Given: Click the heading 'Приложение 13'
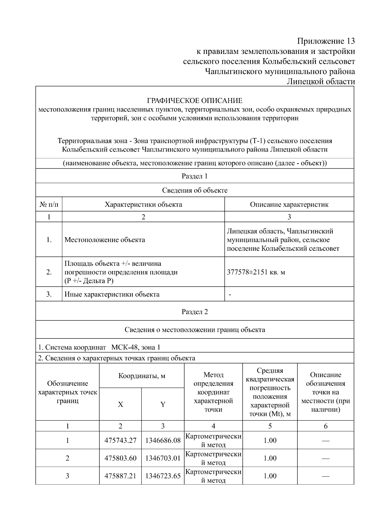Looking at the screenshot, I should click(x=325, y=41).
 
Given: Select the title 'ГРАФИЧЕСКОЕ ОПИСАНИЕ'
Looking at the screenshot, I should click(x=195, y=101).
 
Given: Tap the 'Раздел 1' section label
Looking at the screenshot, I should click(x=195, y=176).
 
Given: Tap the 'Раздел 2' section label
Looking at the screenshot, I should click(x=195, y=312).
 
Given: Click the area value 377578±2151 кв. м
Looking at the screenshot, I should click(x=256, y=272).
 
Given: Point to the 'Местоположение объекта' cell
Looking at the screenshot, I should click(x=104, y=240).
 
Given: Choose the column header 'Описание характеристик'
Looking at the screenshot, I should click(x=289, y=204).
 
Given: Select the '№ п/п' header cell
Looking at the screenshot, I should click(x=49, y=204).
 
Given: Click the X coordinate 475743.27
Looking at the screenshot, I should click(x=120, y=440).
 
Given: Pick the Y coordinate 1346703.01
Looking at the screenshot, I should click(x=163, y=458).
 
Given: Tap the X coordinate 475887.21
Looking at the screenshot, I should click(x=120, y=476).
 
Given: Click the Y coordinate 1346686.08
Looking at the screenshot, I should click(x=163, y=440).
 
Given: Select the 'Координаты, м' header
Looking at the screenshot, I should click(x=142, y=376).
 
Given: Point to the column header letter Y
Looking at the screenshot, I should click(x=163, y=404).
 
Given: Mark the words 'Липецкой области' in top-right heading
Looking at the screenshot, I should click(x=320, y=82).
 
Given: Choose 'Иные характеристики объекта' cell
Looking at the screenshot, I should click(x=112, y=294).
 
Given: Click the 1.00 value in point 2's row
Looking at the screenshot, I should click(x=270, y=458).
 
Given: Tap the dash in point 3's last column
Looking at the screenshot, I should click(x=325, y=476).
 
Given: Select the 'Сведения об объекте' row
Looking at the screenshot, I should click(x=195, y=190).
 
